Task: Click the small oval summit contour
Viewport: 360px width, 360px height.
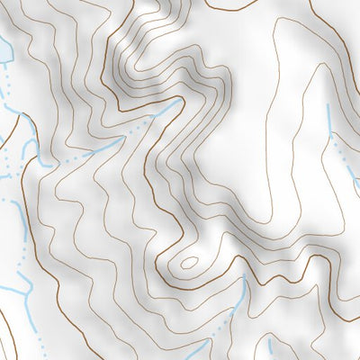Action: pos(189,264)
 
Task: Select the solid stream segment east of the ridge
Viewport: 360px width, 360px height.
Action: pos(330,121)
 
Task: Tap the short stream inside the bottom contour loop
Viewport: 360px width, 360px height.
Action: pos(269,346)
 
